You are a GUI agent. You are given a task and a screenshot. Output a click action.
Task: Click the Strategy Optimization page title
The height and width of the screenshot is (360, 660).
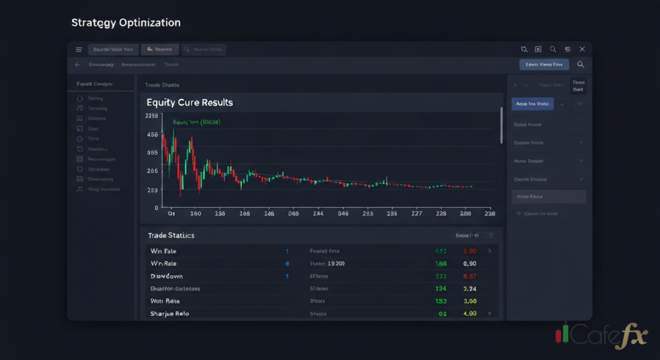click(x=126, y=23)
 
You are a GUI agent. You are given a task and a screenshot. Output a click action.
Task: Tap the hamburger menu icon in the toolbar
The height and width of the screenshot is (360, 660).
click(x=78, y=50)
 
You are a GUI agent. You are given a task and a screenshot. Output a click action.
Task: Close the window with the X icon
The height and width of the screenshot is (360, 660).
click(x=582, y=50)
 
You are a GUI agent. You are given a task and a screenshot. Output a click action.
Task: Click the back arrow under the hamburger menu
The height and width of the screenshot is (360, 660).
click(x=77, y=65)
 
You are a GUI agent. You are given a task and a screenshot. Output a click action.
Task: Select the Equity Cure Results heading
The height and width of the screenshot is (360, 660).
click(x=190, y=103)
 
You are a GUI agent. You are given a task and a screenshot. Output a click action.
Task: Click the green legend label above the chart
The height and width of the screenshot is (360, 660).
click(x=196, y=122)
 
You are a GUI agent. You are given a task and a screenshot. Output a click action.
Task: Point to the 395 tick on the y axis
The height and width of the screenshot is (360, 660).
click(x=152, y=153)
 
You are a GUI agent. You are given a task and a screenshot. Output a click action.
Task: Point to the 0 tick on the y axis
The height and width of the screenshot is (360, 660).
click(x=156, y=208)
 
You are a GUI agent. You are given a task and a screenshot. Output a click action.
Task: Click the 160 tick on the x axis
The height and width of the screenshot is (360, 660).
click(x=196, y=214)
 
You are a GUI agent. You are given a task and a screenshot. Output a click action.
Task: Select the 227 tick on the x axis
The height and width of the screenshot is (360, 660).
click(x=417, y=214)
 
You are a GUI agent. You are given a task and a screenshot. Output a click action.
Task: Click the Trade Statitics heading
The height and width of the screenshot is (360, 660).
click(x=171, y=235)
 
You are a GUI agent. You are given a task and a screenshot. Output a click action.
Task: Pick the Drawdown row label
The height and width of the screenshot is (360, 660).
click(x=166, y=276)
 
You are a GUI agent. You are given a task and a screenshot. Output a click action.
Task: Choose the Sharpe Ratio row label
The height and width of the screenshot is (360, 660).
click(x=170, y=314)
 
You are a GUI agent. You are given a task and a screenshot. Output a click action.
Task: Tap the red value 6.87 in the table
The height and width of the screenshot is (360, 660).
click(x=469, y=276)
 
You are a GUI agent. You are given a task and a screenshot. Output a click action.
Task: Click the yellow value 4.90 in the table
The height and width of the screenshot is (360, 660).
click(x=469, y=314)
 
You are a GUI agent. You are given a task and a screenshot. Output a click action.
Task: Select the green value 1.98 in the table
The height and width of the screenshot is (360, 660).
click(x=441, y=264)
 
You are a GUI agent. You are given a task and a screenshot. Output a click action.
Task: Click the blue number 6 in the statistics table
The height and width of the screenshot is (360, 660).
click(x=287, y=264)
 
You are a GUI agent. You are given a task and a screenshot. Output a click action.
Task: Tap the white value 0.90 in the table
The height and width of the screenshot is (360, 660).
click(x=469, y=264)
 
